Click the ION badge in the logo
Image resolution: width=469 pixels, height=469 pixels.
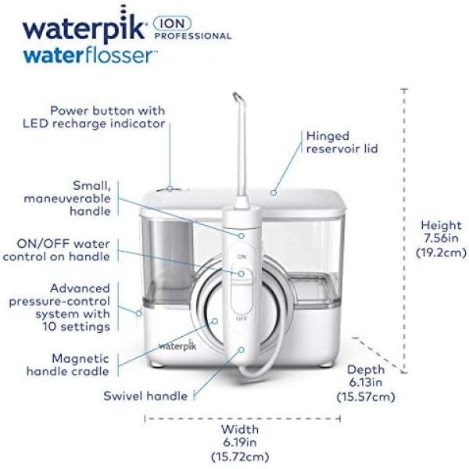172,23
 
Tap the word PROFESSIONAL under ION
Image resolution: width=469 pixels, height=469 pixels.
193,36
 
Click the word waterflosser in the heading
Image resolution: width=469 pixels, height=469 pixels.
91,55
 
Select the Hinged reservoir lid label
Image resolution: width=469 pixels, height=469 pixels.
342,142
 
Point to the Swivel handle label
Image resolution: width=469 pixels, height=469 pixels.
145,396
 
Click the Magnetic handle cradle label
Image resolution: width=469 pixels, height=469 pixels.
68,365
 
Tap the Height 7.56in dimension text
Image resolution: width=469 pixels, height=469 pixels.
441,238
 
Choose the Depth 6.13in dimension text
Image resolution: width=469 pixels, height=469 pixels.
366,383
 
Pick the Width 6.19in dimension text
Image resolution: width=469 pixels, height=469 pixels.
240,443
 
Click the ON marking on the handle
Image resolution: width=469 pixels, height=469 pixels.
242,256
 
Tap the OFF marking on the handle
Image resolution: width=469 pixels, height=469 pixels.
242,319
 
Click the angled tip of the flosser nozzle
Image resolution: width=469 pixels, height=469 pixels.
236,95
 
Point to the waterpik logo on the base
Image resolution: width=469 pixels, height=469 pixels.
177,345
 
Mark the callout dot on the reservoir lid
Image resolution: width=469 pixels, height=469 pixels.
273,192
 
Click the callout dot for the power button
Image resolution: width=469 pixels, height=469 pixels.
170,188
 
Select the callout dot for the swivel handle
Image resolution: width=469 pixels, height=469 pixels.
241,349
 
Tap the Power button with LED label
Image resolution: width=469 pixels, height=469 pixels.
94,117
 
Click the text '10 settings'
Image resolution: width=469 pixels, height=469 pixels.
76,326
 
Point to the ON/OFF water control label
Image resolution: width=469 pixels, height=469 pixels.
56,250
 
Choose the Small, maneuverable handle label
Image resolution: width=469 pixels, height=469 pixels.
67,199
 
